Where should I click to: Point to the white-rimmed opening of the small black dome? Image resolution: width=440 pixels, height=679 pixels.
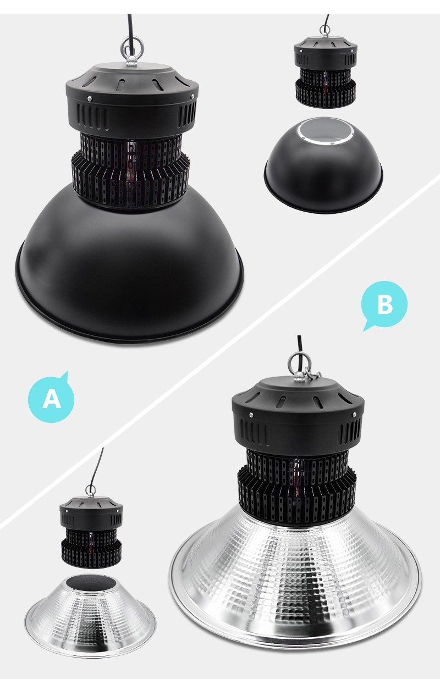click(x=326, y=131)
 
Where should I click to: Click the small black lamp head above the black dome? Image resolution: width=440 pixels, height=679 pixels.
click(x=326, y=72)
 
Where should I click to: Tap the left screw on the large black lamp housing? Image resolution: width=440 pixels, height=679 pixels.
click(x=89, y=98)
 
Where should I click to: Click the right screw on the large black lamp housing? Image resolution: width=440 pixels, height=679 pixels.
click(x=192, y=96)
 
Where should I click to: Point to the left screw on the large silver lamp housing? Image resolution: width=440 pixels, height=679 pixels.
click(x=251, y=415)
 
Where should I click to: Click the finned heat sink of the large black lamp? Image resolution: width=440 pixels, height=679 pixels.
click(x=130, y=170)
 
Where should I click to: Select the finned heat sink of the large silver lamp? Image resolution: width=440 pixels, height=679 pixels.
click(x=296, y=488)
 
